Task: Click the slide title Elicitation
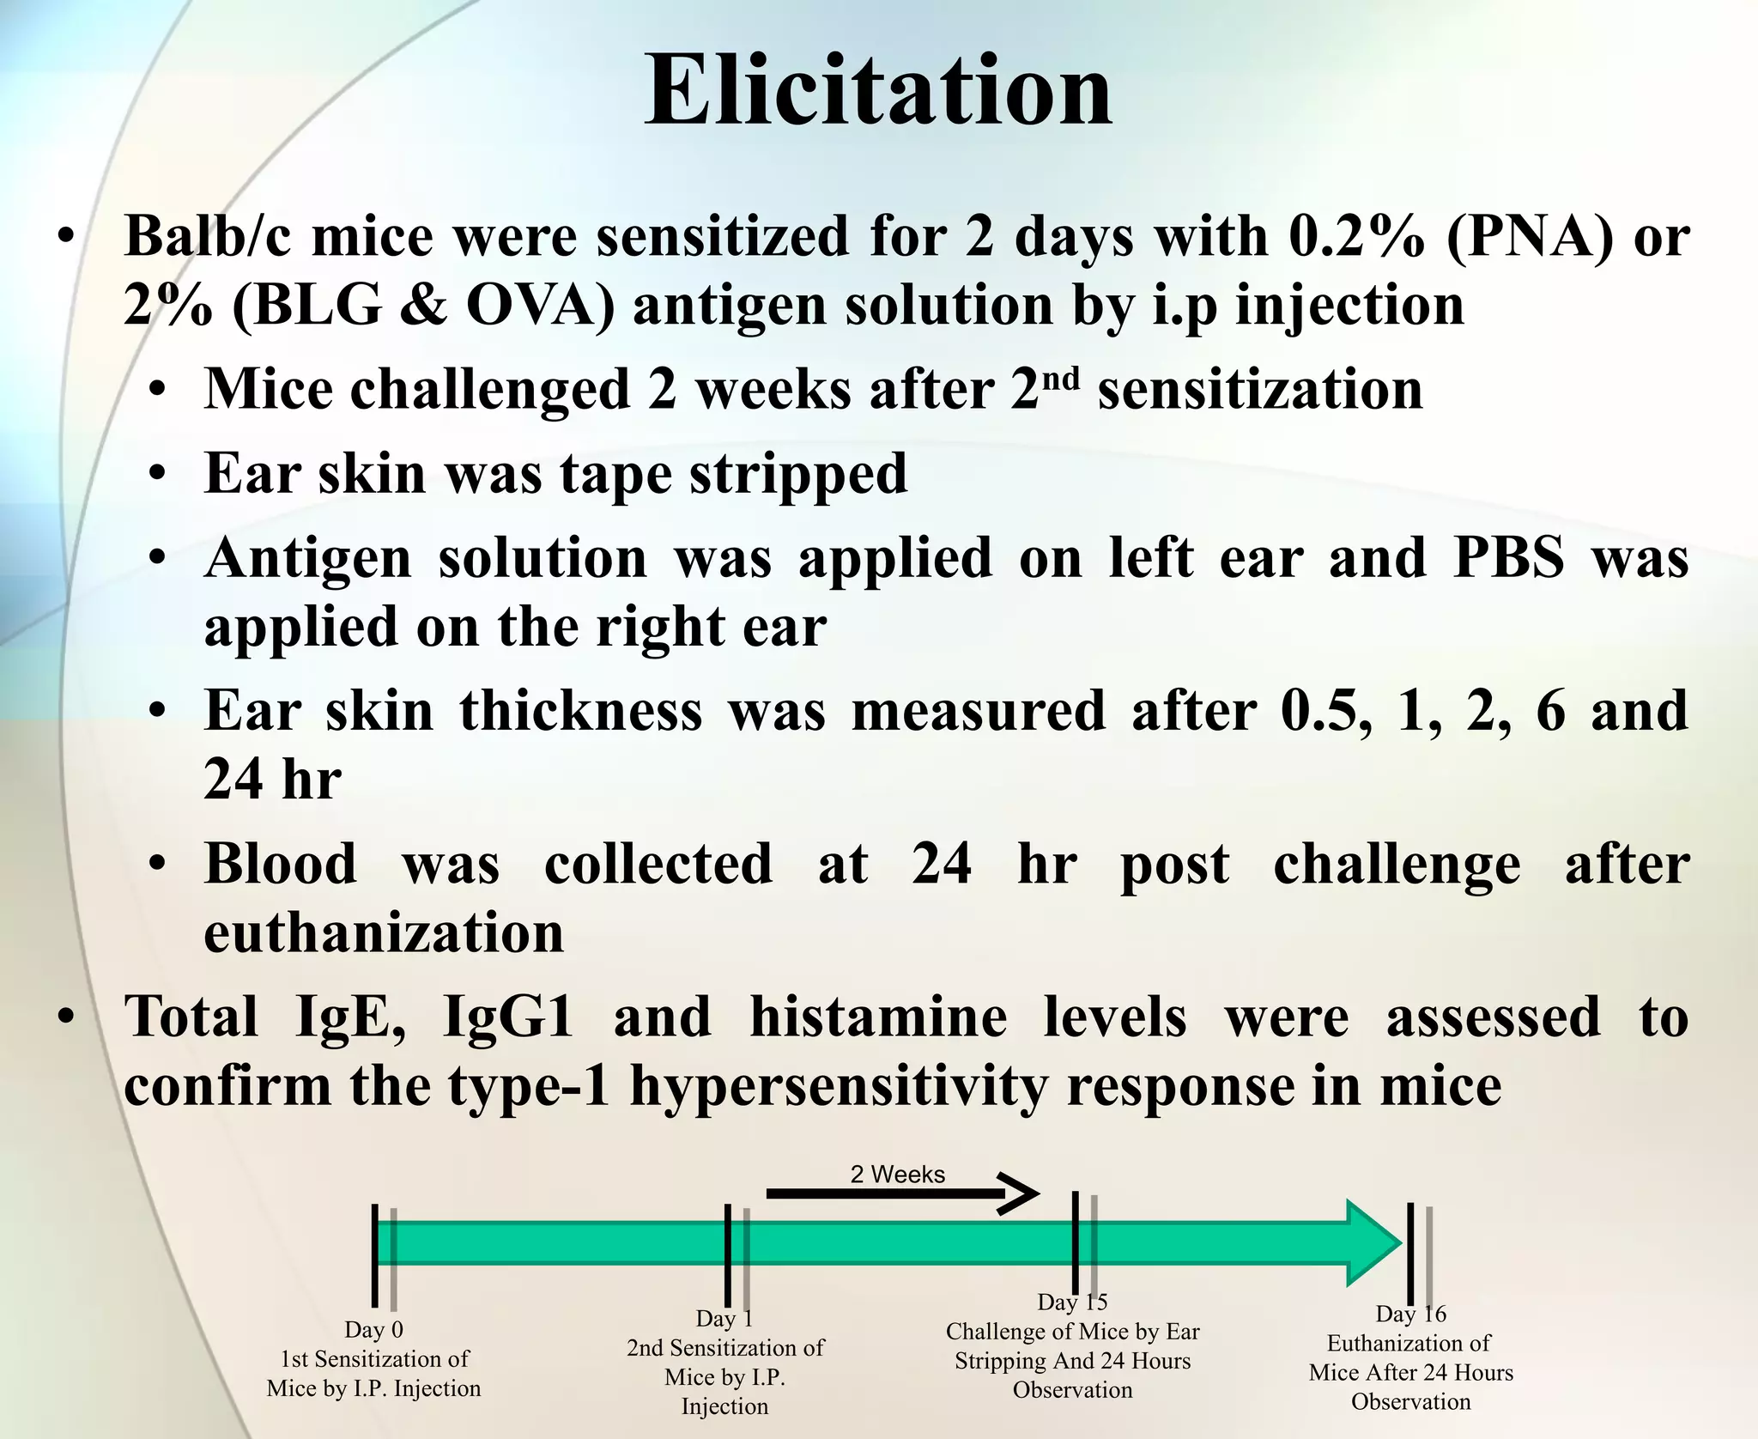point(878,91)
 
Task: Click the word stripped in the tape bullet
point(797,474)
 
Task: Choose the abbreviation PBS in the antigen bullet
point(1508,558)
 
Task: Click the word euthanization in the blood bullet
point(384,933)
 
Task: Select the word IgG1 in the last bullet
point(507,1017)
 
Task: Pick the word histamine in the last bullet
point(877,1017)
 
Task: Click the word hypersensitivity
point(839,1087)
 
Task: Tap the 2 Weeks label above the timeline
point(897,1175)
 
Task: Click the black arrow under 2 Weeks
point(901,1194)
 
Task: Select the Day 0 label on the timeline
point(373,1330)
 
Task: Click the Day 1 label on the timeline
point(724,1318)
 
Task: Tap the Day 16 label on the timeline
point(1410,1314)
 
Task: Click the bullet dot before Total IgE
point(66,1018)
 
